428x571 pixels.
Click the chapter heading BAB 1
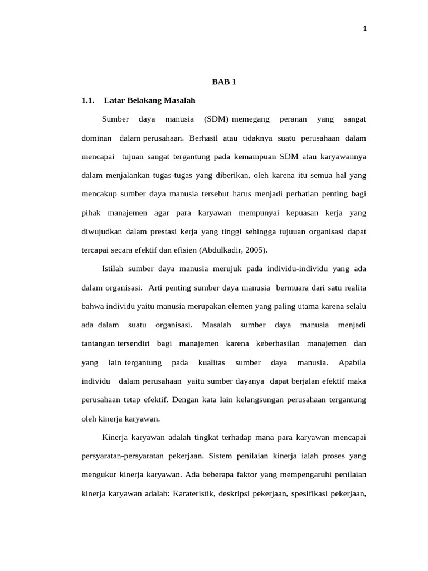point(224,82)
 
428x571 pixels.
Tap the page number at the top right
point(364,29)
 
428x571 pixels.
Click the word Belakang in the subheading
point(142,100)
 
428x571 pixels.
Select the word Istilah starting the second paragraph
point(113,268)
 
